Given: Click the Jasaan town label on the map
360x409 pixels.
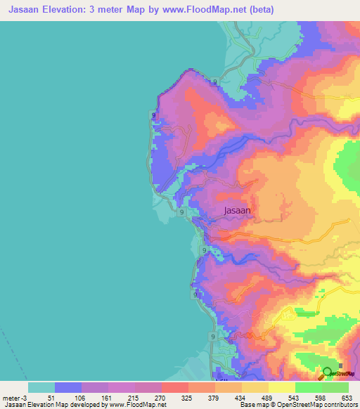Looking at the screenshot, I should pos(237,209).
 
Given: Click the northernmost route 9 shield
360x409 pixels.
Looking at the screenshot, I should pos(214,82).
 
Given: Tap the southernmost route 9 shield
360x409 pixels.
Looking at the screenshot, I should pos(212,337).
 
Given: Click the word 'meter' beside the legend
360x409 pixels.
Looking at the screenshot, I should pos(10,398).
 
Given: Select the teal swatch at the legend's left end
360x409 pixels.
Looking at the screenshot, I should pos(41,387).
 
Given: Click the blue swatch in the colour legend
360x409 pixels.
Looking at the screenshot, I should pos(68,387).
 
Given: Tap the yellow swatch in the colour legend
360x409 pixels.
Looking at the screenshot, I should pos(282,387).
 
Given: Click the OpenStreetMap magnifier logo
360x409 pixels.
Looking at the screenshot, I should pos(327,373).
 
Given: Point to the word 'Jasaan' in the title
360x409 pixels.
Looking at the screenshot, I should pos(21,10).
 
